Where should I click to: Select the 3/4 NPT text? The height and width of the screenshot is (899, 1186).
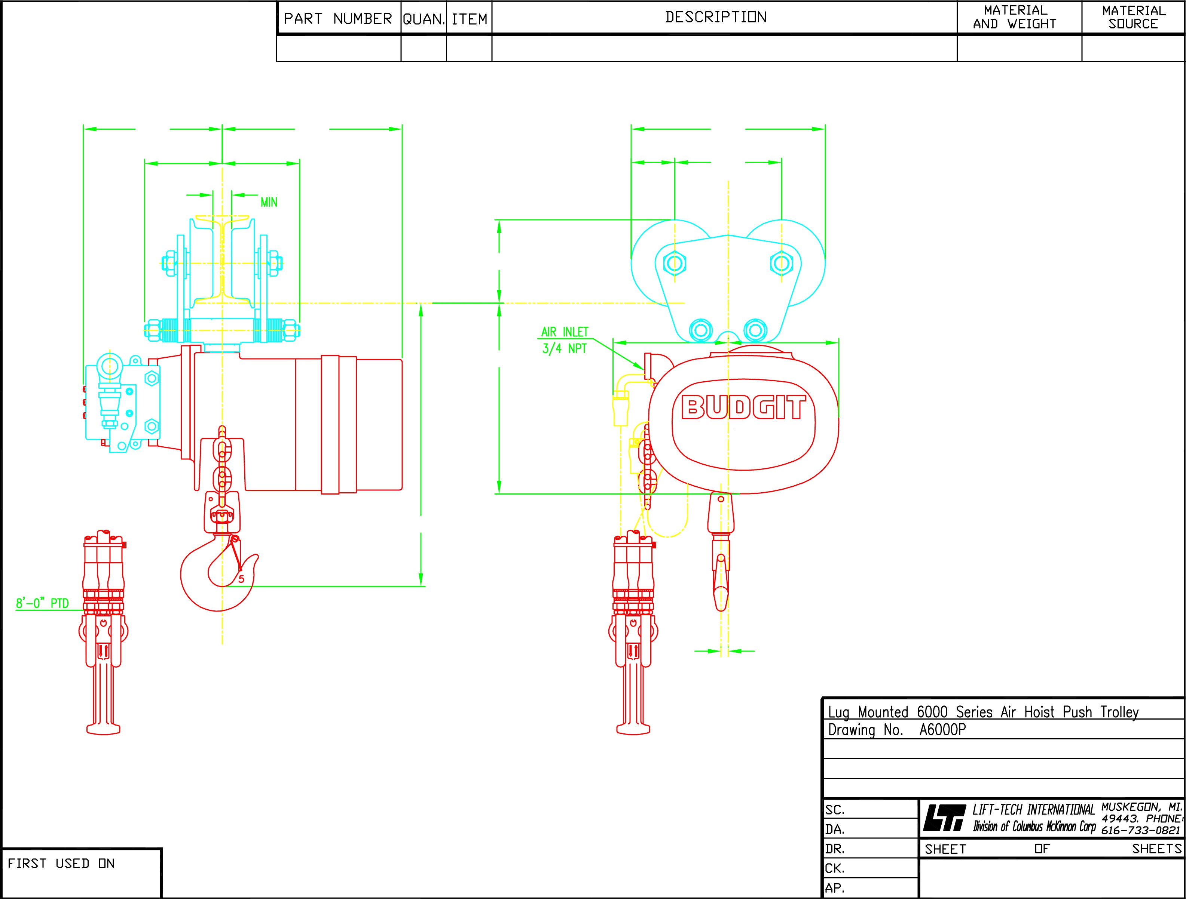pos(564,349)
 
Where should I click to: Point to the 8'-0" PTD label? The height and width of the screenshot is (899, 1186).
pos(42,603)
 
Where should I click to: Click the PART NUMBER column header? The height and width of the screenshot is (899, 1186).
pos(338,19)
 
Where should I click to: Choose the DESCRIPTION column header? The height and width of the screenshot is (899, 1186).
pos(716,17)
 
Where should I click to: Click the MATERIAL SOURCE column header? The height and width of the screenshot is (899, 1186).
pos(1134,17)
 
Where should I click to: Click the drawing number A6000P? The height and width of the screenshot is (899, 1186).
pos(942,730)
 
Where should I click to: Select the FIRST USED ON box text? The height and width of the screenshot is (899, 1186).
pos(61,863)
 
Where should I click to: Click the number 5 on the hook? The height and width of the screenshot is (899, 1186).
pos(241,579)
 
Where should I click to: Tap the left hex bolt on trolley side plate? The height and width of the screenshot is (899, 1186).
pos(675,263)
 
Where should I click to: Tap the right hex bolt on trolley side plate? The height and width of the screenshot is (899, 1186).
pos(781,263)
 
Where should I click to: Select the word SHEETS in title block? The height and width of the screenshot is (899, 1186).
pos(1156,849)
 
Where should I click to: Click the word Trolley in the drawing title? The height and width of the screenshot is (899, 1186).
pos(1119,712)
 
